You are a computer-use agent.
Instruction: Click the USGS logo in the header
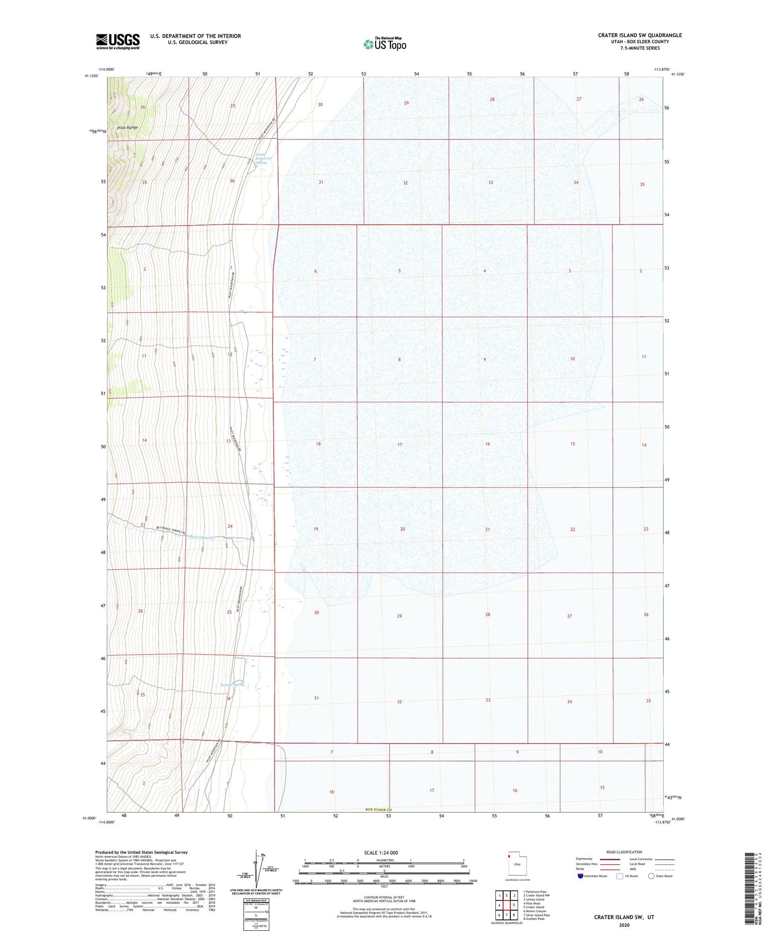point(118,41)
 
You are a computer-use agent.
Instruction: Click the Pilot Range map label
point(127,128)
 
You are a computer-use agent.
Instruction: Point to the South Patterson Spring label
point(262,158)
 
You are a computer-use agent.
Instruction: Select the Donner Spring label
point(232,685)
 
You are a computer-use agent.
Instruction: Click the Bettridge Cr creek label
point(201,537)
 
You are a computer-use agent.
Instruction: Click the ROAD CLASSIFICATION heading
point(624,852)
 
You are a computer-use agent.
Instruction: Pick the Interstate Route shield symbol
point(580,876)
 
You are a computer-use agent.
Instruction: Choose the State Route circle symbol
point(651,876)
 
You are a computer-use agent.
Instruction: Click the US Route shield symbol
point(620,876)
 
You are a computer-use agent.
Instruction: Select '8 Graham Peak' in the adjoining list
point(534,919)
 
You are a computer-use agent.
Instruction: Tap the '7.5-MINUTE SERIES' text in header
point(640,48)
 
